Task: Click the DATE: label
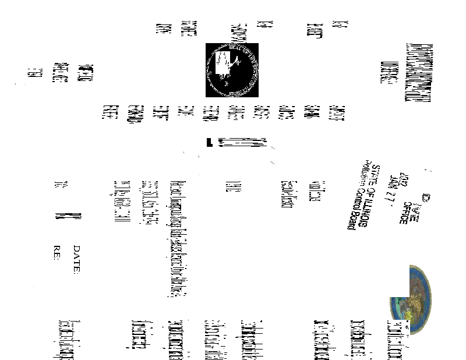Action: pos(76,258)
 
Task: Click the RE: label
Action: pos(57,254)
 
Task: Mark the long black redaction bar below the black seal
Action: pos(238,142)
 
